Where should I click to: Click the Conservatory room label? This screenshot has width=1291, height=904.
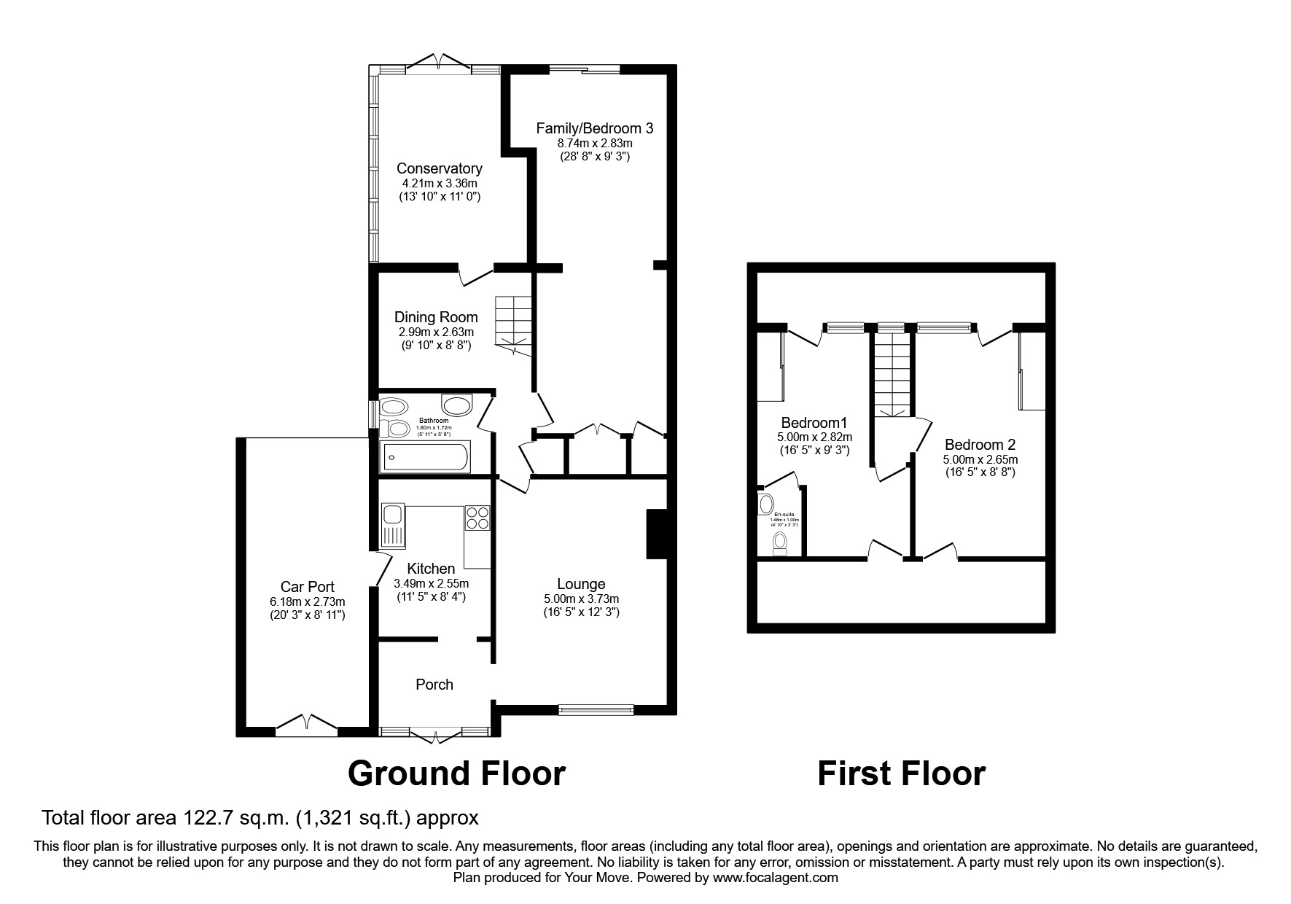(439, 168)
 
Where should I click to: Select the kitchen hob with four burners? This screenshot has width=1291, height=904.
(477, 518)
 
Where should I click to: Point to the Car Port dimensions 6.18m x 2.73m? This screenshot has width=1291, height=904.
(307, 601)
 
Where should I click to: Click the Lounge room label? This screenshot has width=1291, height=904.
(581, 584)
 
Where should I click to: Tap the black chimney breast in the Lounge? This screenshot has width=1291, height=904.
(656, 534)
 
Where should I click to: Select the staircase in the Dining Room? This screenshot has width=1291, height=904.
(514, 324)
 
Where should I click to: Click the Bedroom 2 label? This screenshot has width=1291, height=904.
(980, 445)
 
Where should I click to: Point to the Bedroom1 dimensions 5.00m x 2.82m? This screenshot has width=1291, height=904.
(814, 437)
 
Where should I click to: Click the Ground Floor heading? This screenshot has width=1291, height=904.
(456, 774)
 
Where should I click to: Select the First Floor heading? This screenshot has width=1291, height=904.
(901, 774)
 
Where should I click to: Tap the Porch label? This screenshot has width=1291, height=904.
(434, 685)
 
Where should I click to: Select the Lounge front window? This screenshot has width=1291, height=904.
(596, 709)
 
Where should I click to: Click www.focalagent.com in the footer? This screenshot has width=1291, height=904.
(776, 878)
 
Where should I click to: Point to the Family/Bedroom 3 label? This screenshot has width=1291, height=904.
(594, 128)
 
